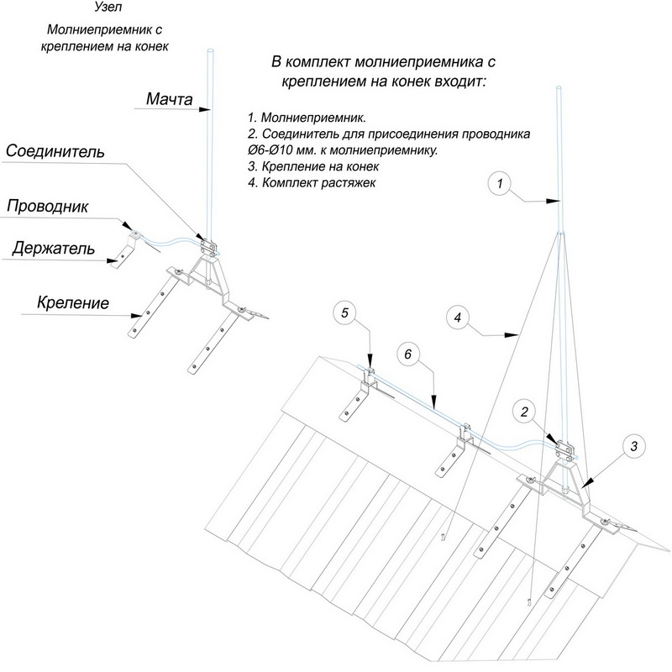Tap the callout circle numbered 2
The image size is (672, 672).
pos(523,412)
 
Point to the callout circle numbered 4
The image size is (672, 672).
pos(456,319)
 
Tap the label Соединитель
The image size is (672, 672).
pos(55,152)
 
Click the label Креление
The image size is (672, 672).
pos(72,302)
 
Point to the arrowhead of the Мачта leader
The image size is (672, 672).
pos(210,109)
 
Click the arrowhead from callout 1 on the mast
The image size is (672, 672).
pos(559,202)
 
